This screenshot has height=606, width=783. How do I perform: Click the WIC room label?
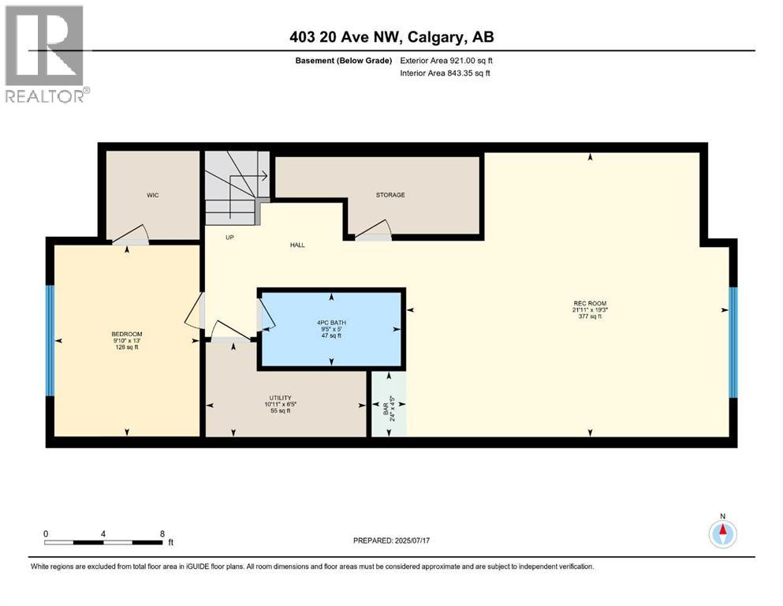pyautogui.click(x=153, y=195)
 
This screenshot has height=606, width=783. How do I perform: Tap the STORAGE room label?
pyautogui.click(x=390, y=195)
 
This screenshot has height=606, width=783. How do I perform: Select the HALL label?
pyautogui.click(x=296, y=245)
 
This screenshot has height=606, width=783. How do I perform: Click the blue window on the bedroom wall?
pyautogui.click(x=50, y=340)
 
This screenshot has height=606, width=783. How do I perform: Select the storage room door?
pyautogui.click(x=372, y=231)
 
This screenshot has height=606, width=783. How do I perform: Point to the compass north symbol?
pyautogui.click(x=721, y=533)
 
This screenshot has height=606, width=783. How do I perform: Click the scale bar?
pyautogui.click(x=103, y=542)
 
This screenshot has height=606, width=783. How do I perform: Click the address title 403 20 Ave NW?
pyautogui.click(x=391, y=37)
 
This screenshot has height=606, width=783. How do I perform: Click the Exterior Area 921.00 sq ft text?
pyautogui.click(x=449, y=61)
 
